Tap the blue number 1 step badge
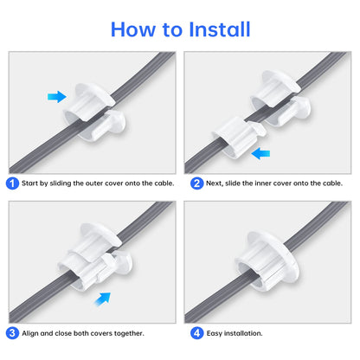pyautogui.click(x=11, y=183)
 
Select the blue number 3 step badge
pyautogui.click(x=11, y=332)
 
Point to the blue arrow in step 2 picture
pyautogui.click(x=260, y=153)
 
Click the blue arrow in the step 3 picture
pyautogui.click(x=103, y=299)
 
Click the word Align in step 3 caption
pyautogui.click(x=31, y=333)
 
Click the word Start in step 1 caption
pyautogui.click(x=31, y=183)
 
